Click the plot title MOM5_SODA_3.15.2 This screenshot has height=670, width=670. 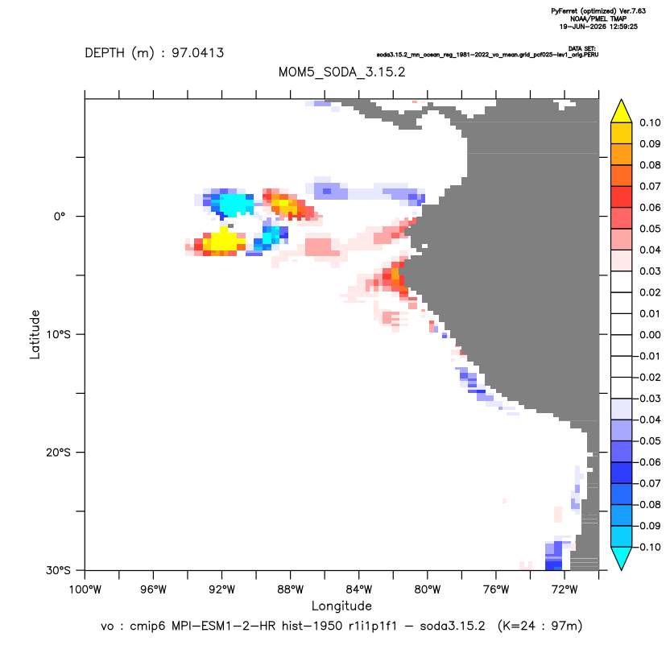click(341, 72)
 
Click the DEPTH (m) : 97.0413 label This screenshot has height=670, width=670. click(155, 53)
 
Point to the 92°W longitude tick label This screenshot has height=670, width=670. click(221, 589)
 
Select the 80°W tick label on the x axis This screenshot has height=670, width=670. click(428, 589)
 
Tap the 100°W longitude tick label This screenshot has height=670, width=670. click(85, 589)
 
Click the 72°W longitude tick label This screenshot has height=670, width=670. click(565, 589)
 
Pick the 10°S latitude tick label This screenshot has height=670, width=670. click(58, 334)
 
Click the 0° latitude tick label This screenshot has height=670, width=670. click(60, 216)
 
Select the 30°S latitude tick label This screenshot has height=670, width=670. click(58, 570)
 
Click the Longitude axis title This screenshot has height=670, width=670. click(341, 606)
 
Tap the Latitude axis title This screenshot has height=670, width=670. click(35, 334)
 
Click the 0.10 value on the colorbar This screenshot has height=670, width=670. click(650, 122)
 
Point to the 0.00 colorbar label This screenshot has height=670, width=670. click(650, 334)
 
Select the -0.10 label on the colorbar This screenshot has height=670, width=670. click(648, 547)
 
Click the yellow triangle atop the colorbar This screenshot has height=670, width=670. click(621, 111)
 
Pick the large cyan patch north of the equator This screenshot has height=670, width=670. click(234, 204)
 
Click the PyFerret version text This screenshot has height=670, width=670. click(598, 11)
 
